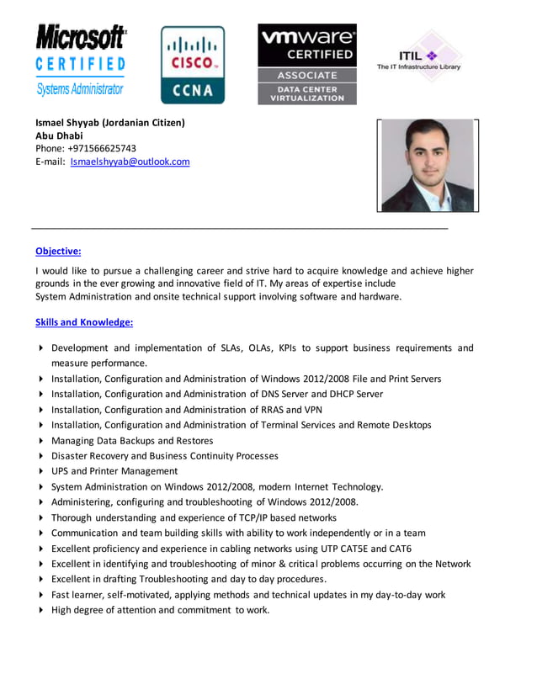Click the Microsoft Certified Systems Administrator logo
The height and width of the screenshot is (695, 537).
coord(81,61)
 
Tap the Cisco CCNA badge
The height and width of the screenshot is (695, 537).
coord(193,65)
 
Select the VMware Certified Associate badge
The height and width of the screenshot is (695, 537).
coord(307,64)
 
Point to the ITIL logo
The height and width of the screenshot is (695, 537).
coord(418,57)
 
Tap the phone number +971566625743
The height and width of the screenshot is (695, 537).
coord(99,148)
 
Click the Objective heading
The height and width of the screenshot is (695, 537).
coord(58,251)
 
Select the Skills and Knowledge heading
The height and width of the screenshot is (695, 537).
coord(84,322)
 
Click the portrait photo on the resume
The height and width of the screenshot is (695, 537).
coord(427,165)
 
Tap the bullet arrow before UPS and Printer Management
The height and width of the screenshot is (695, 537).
coord(40,471)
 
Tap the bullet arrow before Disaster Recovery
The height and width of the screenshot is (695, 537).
coord(40,456)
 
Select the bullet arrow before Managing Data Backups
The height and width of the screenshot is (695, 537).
coord(40,441)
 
